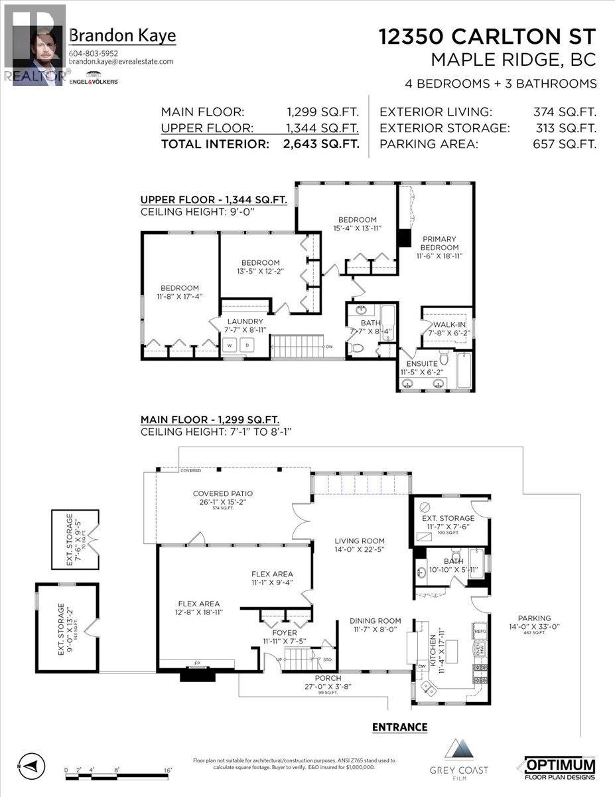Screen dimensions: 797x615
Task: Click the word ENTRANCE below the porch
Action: click(x=399, y=727)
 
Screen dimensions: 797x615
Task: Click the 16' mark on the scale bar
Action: click(x=168, y=770)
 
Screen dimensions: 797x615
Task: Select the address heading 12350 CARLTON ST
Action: click(x=488, y=37)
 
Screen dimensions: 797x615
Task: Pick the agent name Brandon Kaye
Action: click(x=123, y=36)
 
